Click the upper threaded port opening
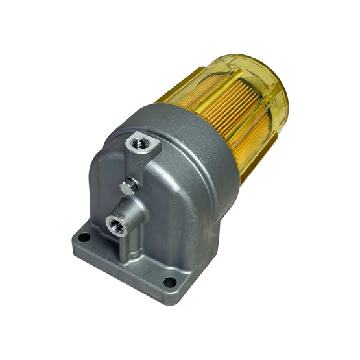138,142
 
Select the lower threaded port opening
115,224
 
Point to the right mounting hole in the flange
170,282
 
